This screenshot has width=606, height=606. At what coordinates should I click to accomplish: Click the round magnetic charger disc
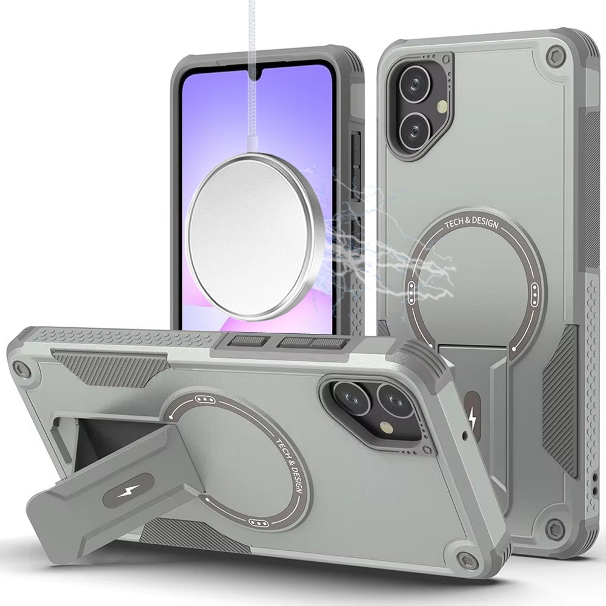click(x=256, y=237)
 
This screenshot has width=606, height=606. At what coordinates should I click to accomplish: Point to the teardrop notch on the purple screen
click(x=253, y=76)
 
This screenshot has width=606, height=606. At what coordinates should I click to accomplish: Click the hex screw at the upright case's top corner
click(x=555, y=56)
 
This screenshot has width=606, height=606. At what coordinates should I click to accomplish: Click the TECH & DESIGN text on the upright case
click(x=471, y=223)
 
